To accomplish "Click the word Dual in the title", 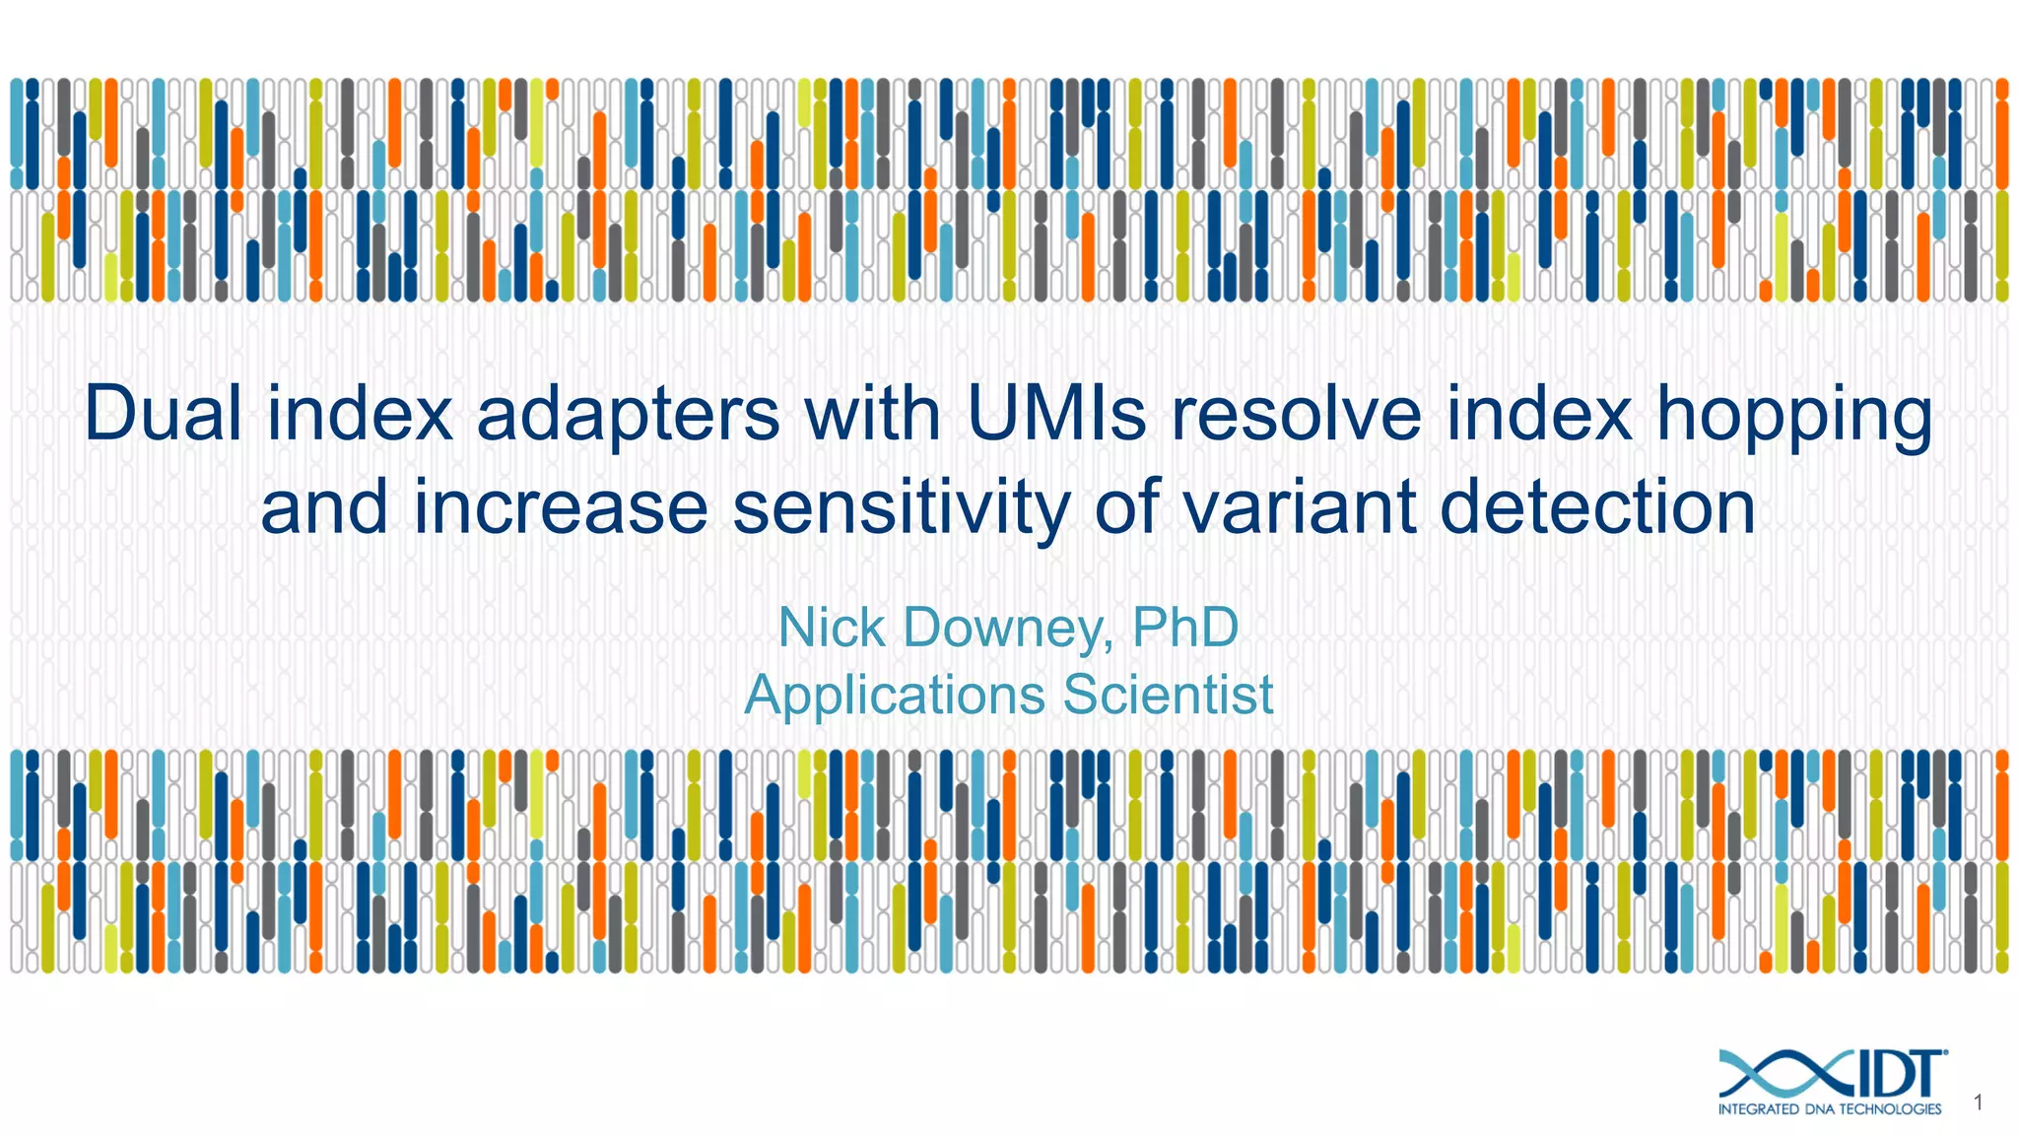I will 163,415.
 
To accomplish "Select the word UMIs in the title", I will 1056,415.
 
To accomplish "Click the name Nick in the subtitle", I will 832,628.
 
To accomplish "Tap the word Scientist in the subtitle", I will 1168,695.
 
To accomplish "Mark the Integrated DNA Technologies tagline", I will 1830,1109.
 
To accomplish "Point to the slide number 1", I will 1979,1103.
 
